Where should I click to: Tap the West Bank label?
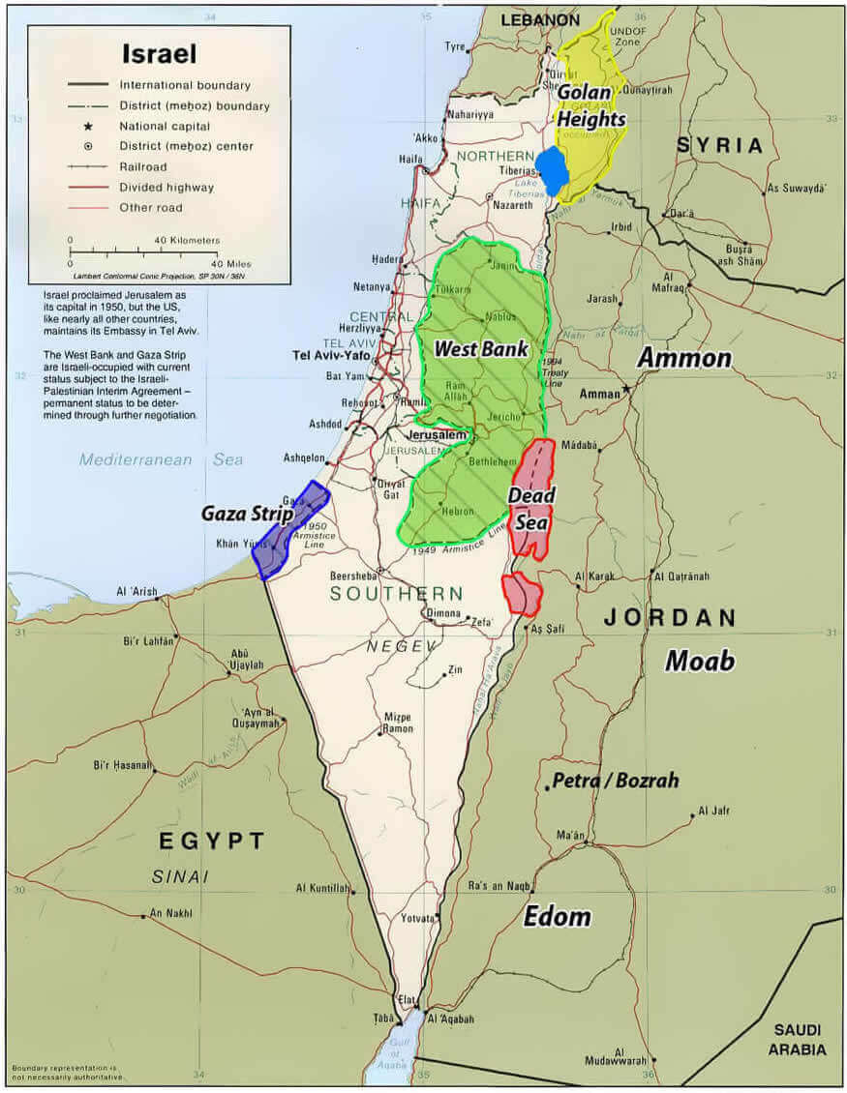[481, 348]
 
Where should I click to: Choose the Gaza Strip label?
[247, 514]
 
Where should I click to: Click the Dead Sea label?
[531, 509]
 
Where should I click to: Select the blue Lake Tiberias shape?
[553, 171]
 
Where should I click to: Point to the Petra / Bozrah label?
[615, 781]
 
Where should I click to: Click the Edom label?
[557, 916]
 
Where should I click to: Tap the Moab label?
[699, 661]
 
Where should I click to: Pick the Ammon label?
[683, 358]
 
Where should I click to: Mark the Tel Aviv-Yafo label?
[328, 355]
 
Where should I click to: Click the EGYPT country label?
[212, 841]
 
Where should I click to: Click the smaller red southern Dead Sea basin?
[522, 593]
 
